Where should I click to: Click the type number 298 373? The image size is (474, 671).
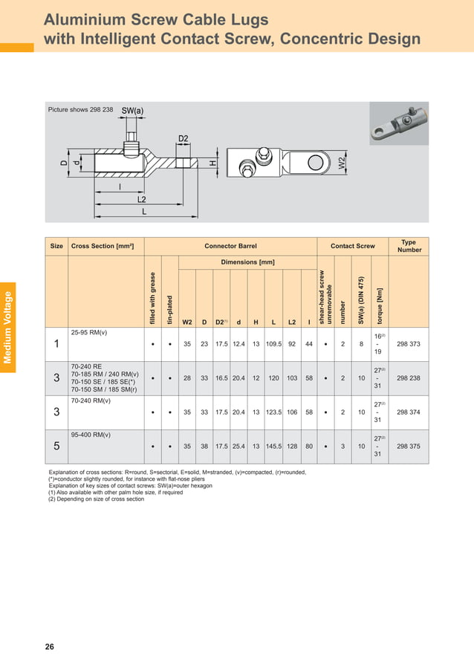coord(409,344)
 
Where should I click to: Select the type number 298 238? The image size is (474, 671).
coord(409,378)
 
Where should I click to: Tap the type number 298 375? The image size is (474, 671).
coord(409,447)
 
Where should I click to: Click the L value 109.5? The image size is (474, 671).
coord(273,344)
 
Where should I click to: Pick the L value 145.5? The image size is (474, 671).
coord(273,447)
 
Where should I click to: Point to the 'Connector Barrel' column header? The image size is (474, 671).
coord(230,246)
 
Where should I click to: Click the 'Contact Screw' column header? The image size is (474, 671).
coord(353,246)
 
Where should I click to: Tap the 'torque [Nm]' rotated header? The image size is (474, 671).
coord(379,305)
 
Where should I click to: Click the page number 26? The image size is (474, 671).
coord(49,646)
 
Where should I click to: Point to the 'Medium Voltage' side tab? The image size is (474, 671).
coord(8,328)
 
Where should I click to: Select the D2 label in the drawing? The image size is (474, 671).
coord(184,138)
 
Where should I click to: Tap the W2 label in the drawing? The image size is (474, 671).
coord(342,163)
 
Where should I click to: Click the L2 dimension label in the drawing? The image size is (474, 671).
coord(141,200)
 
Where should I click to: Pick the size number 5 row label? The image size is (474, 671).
coord(56,447)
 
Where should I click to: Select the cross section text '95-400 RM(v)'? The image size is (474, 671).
coord(91,434)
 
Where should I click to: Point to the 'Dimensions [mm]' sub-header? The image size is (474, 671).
coord(247,262)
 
